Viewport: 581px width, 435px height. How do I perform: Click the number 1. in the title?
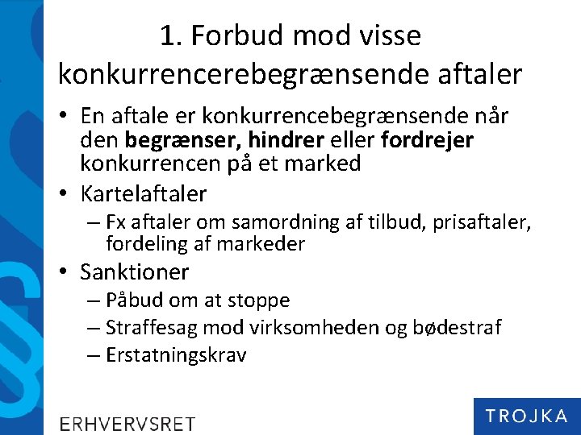tap(170, 36)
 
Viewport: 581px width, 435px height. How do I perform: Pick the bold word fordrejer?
tap(427, 140)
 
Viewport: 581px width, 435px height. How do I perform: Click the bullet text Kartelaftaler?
tap(144, 194)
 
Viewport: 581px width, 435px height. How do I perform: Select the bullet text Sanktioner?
tap(135, 272)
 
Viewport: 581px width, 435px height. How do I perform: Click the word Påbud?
tap(135, 301)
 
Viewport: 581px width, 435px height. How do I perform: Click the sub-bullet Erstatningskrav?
tap(176, 355)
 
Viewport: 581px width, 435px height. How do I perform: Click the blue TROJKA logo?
tap(526, 416)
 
